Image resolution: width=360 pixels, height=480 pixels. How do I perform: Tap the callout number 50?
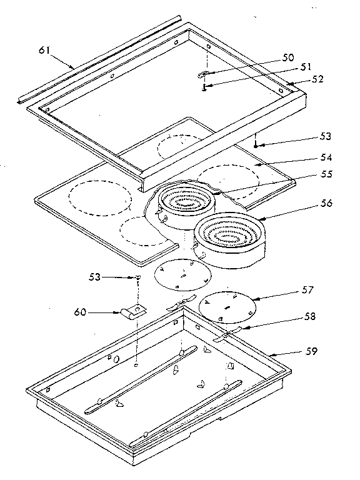click(x=288, y=57)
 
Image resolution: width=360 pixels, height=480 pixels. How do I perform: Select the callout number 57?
click(x=307, y=290)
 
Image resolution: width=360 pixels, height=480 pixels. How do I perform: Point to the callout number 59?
click(x=311, y=351)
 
